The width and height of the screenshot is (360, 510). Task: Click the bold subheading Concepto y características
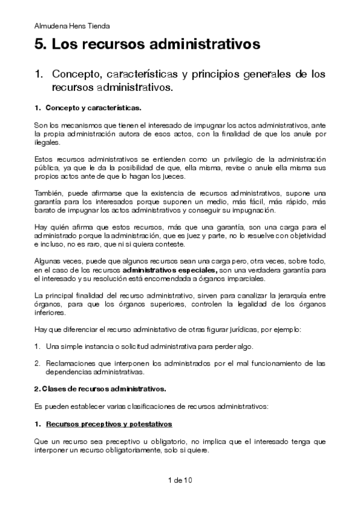93,108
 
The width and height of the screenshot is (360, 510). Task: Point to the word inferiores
50,313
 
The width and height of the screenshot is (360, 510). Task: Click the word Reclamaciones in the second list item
70,363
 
